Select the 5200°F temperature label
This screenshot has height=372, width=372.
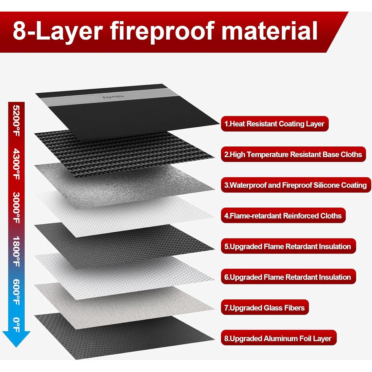pos(16,121)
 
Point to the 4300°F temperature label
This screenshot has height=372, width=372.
pos(16,164)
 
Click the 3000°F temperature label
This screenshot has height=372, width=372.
pos(16,208)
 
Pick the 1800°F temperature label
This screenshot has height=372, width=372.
pos(16,251)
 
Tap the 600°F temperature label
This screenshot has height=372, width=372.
pos(16,292)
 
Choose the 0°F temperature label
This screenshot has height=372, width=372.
pos(16,325)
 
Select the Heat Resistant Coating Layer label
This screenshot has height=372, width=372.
pos(275,124)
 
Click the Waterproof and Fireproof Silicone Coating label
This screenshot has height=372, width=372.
pos(296,185)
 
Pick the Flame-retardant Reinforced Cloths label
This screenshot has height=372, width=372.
pos(283,216)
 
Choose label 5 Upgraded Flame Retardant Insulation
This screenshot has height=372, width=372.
pos(288,246)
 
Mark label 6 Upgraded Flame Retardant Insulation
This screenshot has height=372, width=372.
pos(288,277)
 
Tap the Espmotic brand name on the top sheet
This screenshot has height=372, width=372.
pos(113,97)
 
